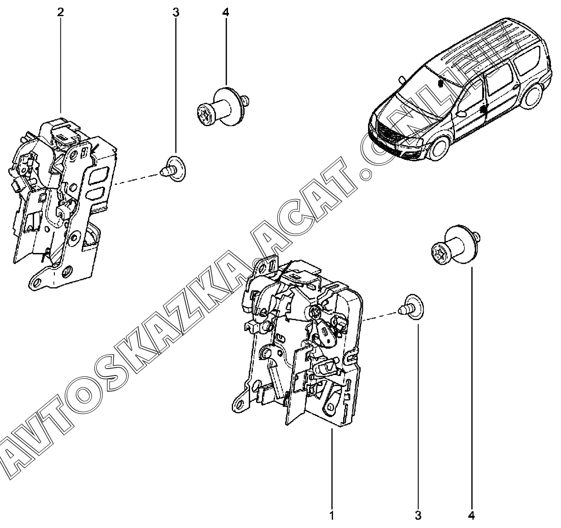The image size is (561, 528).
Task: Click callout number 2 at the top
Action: [x=60, y=12]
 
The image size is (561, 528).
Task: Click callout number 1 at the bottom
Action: [x=332, y=515]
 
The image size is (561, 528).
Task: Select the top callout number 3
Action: [x=175, y=12]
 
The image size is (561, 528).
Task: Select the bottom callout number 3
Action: [x=418, y=515]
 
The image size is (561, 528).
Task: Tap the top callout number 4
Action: [x=225, y=12]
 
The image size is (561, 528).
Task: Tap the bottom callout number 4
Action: [x=472, y=515]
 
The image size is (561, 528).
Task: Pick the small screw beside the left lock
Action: [x=173, y=169]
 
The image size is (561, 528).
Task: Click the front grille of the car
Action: [x=386, y=134]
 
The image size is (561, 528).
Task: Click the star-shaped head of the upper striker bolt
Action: [x=204, y=114]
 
